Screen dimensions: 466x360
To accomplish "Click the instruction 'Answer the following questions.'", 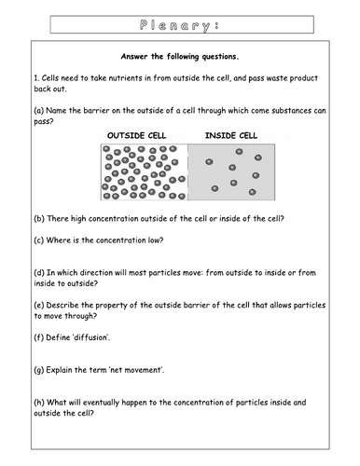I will click(x=180, y=55).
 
